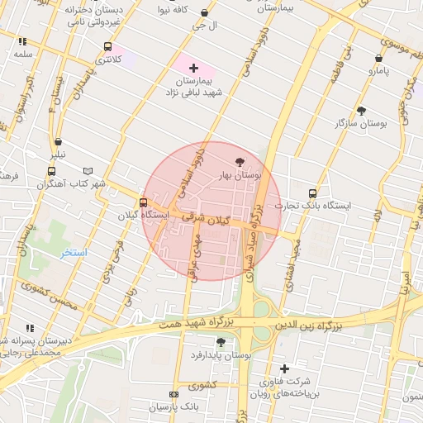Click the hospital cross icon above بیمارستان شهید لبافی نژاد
tap(193, 68)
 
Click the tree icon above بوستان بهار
tap(240, 162)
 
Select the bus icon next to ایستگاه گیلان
tap(144, 202)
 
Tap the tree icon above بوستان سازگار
tap(361, 110)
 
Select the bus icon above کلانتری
tap(107, 47)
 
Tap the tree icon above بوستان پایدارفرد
tap(221, 341)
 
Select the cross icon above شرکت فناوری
tap(285, 368)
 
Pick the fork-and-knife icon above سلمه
tap(22, 41)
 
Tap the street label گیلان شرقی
tap(223, 222)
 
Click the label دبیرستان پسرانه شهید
tap(29, 340)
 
